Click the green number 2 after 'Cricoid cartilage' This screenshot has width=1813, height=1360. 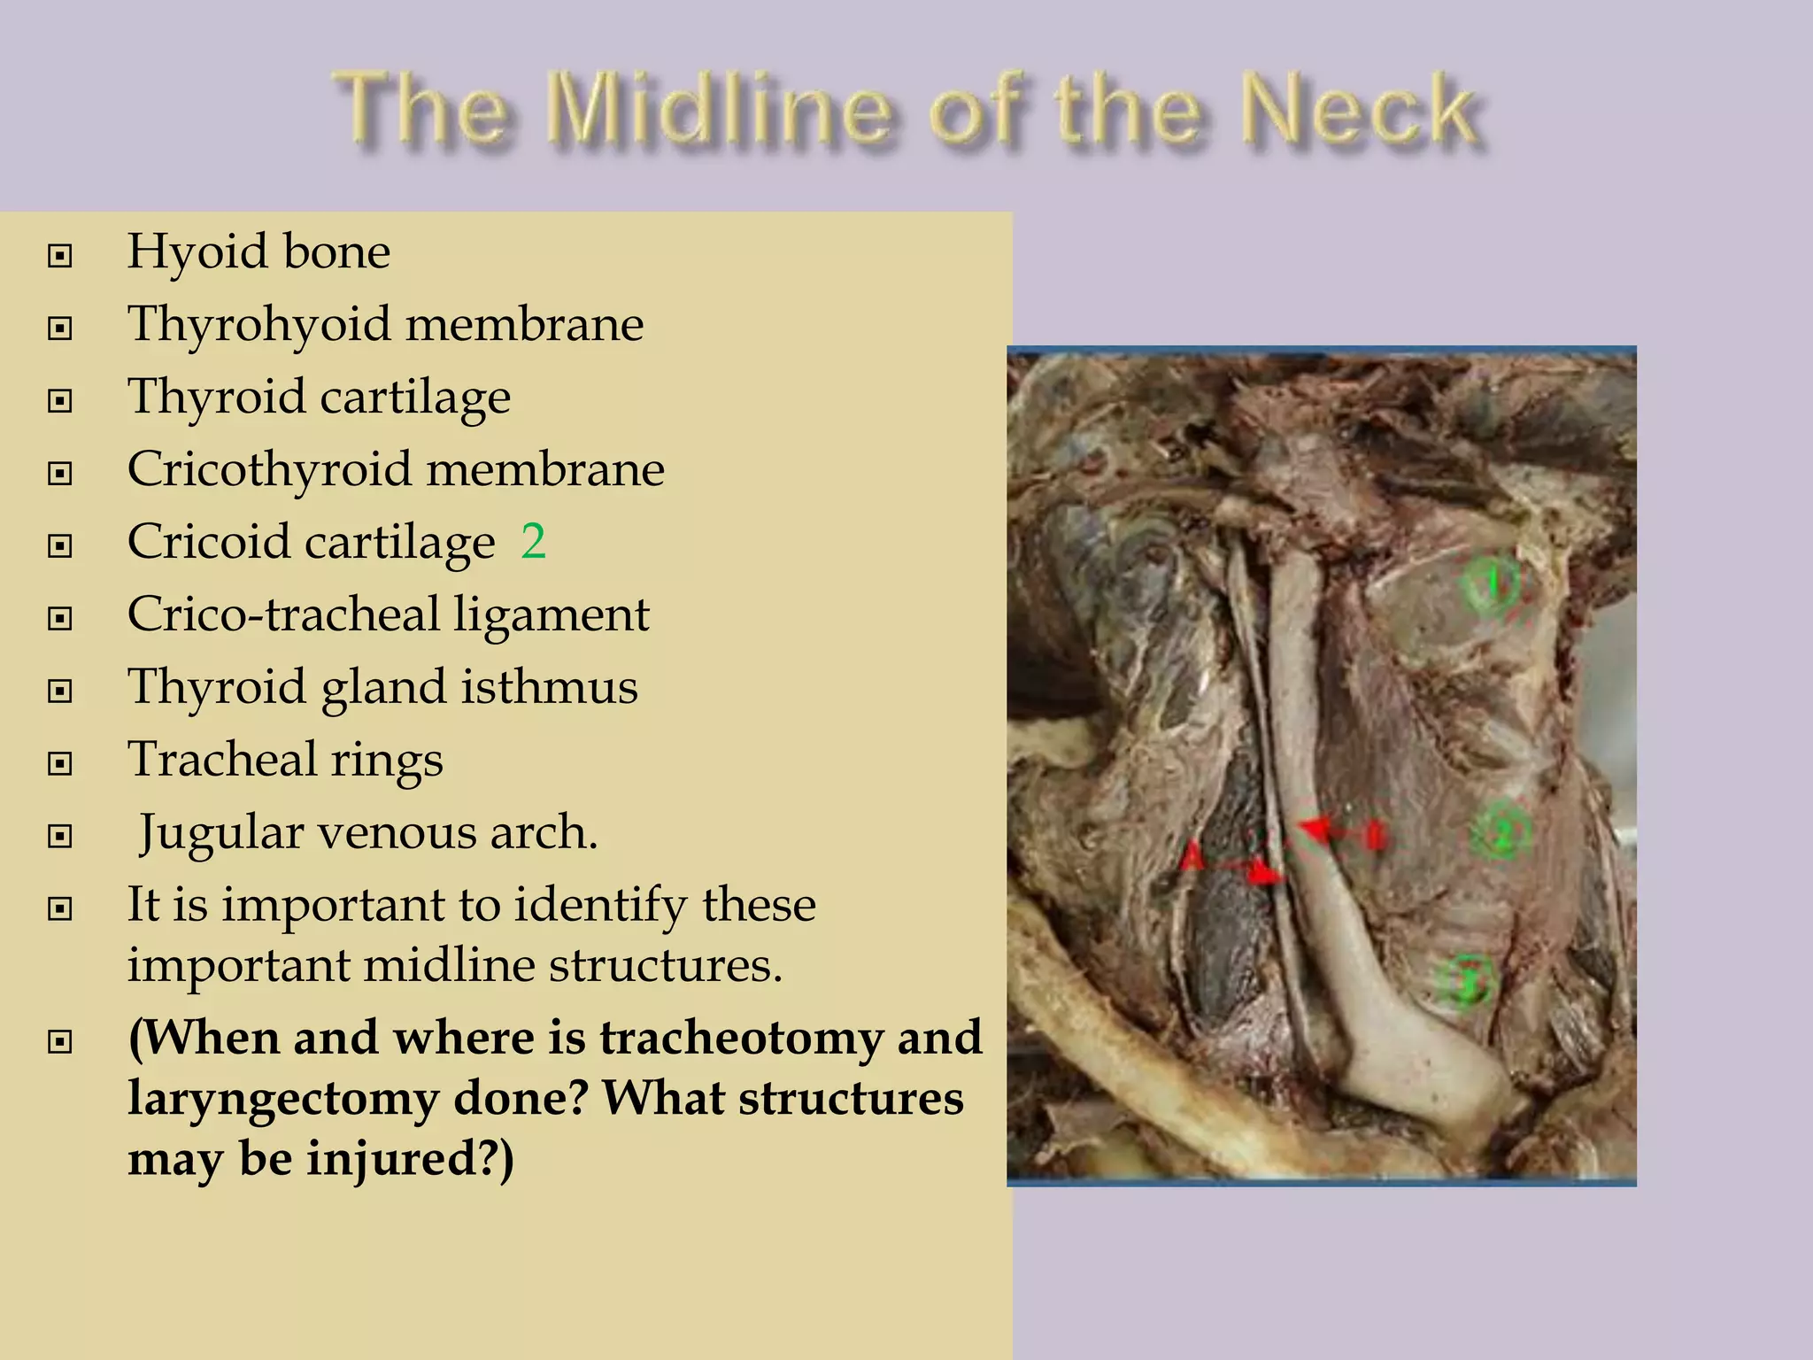pyautogui.click(x=533, y=541)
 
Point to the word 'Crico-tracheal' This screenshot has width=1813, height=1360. pyautogui.click(x=283, y=614)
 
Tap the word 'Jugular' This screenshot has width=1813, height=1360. pyautogui.click(x=221, y=833)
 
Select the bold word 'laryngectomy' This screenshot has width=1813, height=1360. pyautogui.click(x=283, y=1099)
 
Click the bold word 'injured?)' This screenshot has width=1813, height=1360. pyautogui.click(x=409, y=1159)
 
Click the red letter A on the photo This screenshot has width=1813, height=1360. pyautogui.click(x=1192, y=857)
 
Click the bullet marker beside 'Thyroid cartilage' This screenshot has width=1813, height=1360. pyautogui.click(x=60, y=401)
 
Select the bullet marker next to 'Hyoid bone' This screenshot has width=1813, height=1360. pyautogui.click(x=60, y=256)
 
